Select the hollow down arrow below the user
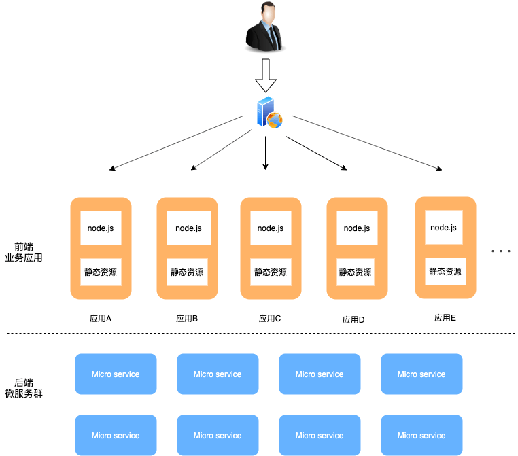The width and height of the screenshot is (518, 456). coord(266,75)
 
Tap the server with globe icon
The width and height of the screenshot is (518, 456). coord(269,113)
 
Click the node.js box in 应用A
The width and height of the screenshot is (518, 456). coord(101,228)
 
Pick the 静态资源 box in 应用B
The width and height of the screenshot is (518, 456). coord(187,272)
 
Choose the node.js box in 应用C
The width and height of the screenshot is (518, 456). coord(271,228)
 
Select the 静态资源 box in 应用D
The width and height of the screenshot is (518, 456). coord(356,272)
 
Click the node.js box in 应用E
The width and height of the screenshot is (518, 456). coord(445,228)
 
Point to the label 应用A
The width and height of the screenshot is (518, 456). coord(101,318)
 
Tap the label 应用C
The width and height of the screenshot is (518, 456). coord(270,318)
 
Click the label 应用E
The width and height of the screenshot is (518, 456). coord(445,317)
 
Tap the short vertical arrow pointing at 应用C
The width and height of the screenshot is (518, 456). coord(266,153)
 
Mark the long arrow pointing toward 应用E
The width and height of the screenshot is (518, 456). coord(367,143)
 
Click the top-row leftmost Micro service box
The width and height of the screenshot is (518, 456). coord(116,374)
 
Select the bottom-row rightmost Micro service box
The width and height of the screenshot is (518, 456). coord(421,436)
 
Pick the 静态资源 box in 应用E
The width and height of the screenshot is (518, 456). coord(445,271)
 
